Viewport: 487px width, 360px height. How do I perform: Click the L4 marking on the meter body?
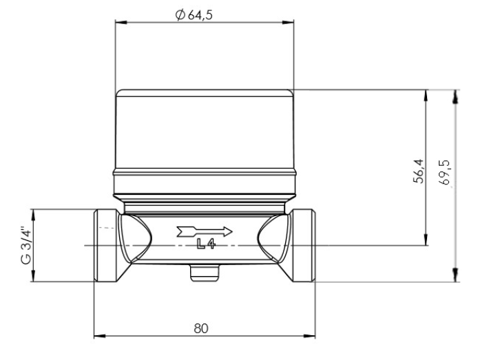tap(205, 245)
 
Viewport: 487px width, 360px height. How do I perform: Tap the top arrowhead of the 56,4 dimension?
tap(427, 94)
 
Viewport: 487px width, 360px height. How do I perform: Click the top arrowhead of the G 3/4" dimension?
tap(32, 211)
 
